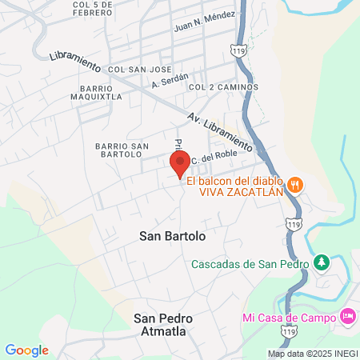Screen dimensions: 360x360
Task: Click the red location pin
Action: coord(180,164)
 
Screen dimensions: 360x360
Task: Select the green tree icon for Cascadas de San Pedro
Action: coord(321,262)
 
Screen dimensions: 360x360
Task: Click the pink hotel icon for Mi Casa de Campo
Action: coord(347,316)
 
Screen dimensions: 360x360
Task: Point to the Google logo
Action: coord(26,350)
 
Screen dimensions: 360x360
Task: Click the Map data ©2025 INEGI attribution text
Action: coord(312,354)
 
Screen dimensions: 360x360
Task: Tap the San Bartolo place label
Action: coord(173,237)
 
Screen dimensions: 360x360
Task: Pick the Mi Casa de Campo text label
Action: coord(289,317)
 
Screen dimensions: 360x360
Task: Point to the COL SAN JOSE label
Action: coord(140,70)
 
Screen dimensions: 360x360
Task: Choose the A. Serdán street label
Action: coord(169,81)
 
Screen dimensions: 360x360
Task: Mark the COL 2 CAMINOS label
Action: coord(223,86)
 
